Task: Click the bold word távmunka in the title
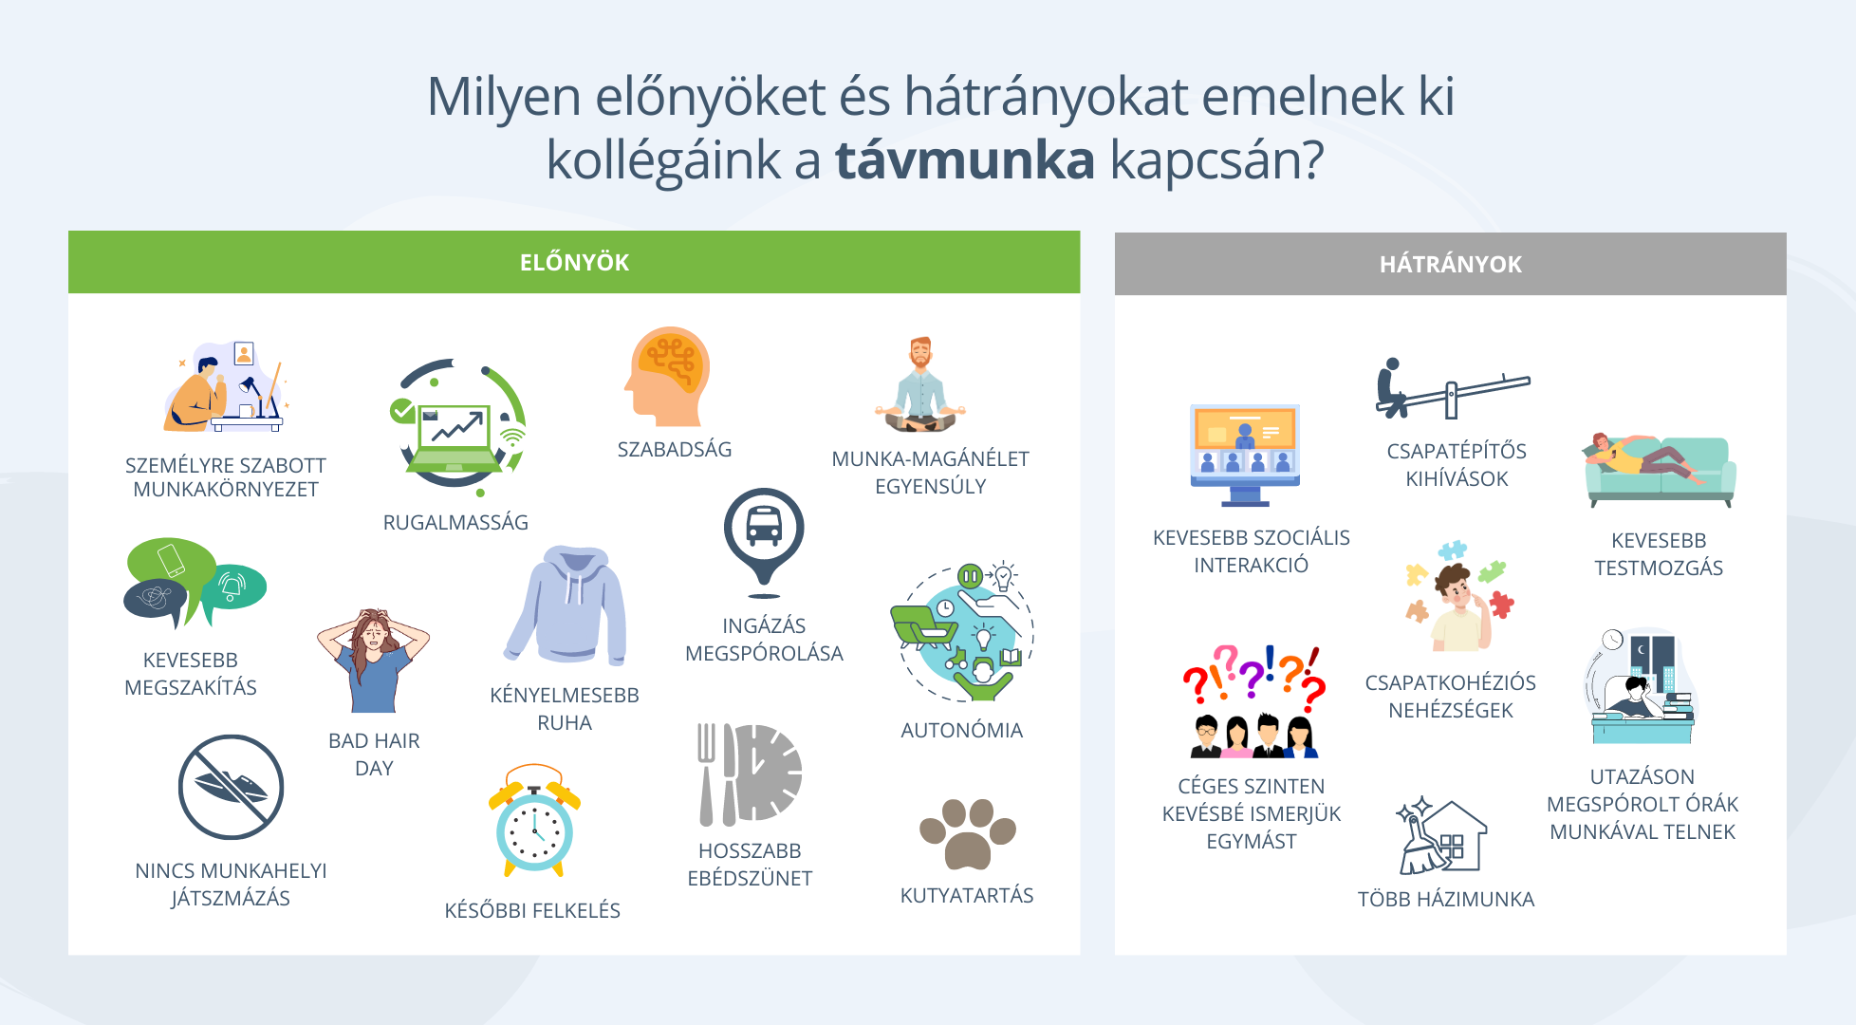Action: click(964, 159)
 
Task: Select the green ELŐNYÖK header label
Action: click(574, 263)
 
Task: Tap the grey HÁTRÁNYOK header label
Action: click(1450, 265)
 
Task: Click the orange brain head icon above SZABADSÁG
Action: click(667, 377)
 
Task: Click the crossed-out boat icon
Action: click(231, 787)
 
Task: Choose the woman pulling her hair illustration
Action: click(373, 661)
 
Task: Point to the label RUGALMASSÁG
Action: click(455, 523)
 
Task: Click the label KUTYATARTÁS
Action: click(967, 896)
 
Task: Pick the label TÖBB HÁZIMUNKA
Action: click(1446, 900)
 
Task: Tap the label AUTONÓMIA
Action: click(961, 731)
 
